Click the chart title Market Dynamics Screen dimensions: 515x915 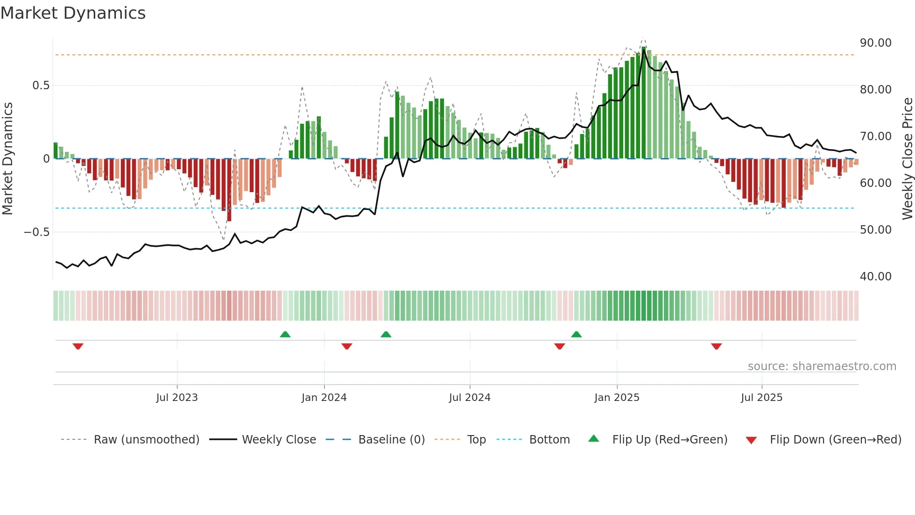pyautogui.click(x=73, y=13)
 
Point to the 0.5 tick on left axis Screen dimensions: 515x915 pyautogui.click(x=41, y=86)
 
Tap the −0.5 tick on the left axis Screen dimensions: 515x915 pyautogui.click(x=36, y=232)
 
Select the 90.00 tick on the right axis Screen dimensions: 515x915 pyautogui.click(x=875, y=43)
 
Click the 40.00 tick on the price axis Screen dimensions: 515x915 pyautogui.click(x=875, y=277)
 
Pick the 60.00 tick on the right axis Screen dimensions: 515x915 pyautogui.click(x=875, y=183)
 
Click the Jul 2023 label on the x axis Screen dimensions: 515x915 pyautogui.click(x=177, y=398)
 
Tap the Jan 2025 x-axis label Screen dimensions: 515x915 pyautogui.click(x=617, y=398)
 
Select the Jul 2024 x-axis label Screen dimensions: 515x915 pyautogui.click(x=470, y=398)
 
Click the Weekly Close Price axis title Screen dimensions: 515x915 pyautogui.click(x=907, y=159)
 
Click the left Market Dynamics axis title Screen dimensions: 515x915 pyautogui.click(x=7, y=159)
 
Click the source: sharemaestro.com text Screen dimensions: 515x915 pyautogui.click(x=822, y=366)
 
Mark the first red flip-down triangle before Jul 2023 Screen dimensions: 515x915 pyautogui.click(x=78, y=346)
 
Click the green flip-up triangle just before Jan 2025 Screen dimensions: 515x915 pyautogui.click(x=576, y=334)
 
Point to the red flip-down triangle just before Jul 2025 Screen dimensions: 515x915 pyautogui.click(x=716, y=346)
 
